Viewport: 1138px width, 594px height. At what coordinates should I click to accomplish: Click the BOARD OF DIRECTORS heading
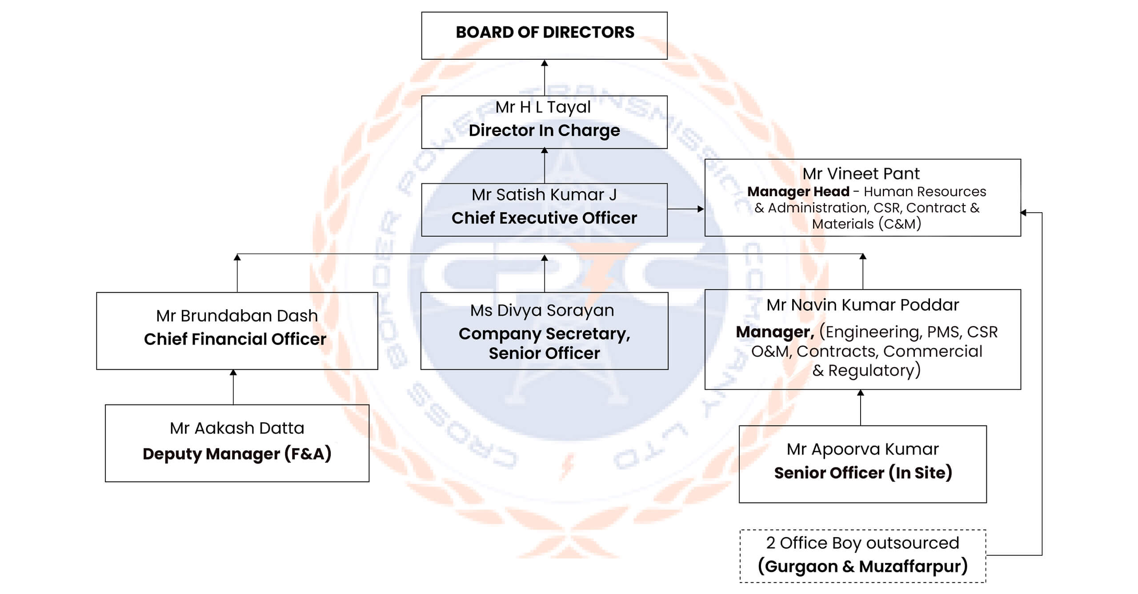545,32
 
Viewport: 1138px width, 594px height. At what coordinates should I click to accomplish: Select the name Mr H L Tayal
543,107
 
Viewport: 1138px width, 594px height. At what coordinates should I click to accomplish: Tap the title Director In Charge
544,130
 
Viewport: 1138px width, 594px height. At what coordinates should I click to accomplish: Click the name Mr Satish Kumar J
544,195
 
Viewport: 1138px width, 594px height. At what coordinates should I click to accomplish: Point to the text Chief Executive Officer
544,218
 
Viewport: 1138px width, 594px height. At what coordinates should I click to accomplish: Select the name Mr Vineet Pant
861,174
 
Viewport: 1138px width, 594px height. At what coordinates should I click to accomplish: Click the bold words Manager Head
798,192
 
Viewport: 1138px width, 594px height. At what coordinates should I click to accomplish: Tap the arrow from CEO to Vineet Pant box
686,209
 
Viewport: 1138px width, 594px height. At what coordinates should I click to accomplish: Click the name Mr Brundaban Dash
237,316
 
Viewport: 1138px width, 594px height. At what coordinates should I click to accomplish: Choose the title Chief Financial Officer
235,339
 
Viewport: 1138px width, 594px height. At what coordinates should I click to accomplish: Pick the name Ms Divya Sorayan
542,311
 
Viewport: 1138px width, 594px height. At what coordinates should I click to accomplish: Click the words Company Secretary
544,334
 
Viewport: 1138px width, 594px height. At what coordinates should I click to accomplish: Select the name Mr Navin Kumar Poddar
862,305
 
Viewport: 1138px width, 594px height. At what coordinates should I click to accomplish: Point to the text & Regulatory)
866,370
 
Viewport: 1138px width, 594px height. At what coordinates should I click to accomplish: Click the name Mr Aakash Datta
237,428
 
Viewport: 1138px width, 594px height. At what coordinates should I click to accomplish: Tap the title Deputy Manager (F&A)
237,454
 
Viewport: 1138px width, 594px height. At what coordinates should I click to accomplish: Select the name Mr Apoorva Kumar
862,449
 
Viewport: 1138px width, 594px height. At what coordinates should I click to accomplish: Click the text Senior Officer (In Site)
863,473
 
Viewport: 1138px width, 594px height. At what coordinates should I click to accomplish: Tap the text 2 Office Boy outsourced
862,543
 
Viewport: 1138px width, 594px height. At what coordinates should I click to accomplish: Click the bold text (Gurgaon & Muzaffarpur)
862,566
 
